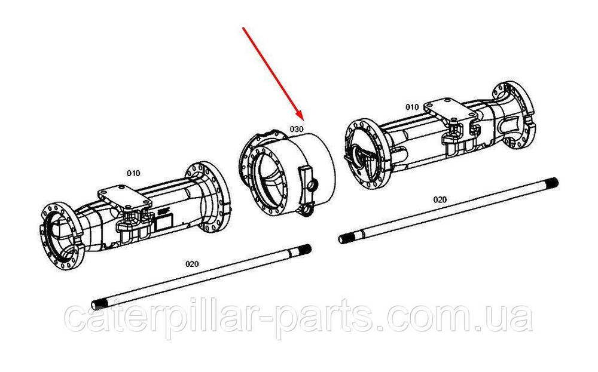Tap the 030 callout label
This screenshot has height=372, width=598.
pyautogui.click(x=297, y=129)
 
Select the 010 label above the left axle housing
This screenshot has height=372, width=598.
pyautogui.click(x=133, y=173)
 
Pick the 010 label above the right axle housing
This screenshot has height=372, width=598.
pyautogui.click(x=412, y=107)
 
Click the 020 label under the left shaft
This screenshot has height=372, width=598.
pyautogui.click(x=192, y=264)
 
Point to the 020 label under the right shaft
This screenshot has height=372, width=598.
pyautogui.click(x=440, y=199)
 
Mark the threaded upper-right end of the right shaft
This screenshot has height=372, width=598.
pyautogui.click(x=552, y=183)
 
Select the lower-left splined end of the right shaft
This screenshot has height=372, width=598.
pyautogui.click(x=345, y=238)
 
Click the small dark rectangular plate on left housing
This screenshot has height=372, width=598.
pyautogui.click(x=164, y=220)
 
